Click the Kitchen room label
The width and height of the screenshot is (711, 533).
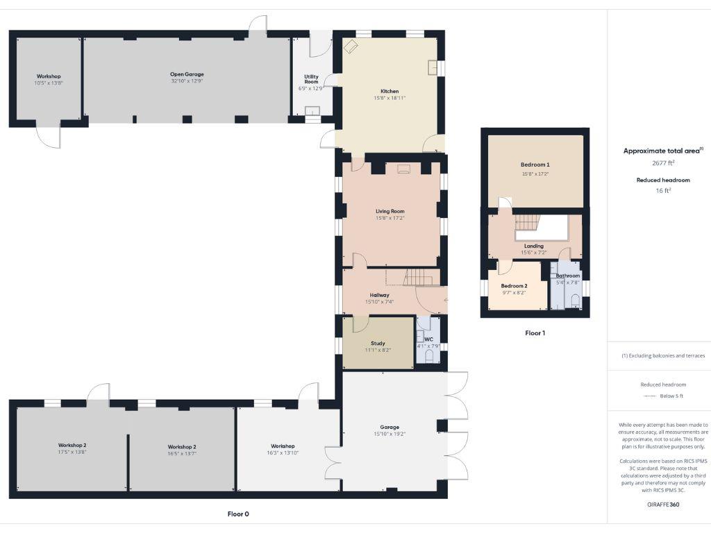coord(390,91)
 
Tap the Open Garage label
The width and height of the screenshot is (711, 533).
coord(187,74)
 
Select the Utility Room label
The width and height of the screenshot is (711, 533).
coord(311,79)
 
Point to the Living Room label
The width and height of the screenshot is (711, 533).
coord(390,211)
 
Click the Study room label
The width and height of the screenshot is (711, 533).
coord(378,343)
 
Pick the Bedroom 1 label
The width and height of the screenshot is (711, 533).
coord(535,164)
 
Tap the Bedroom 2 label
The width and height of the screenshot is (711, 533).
coord(514,286)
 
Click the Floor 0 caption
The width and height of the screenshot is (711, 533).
coord(237,514)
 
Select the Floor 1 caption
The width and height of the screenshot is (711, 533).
coord(535,333)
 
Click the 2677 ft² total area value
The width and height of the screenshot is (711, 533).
coord(663,163)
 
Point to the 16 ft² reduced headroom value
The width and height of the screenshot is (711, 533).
coord(663,190)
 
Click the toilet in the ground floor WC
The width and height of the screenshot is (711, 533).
coord(428,357)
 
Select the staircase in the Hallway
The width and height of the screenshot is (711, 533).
coord(419,277)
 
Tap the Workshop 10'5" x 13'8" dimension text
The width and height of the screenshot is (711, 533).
coord(49,83)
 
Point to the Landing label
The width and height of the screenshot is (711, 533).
coord(534,246)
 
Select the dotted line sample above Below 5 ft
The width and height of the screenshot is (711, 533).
coord(650,396)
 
